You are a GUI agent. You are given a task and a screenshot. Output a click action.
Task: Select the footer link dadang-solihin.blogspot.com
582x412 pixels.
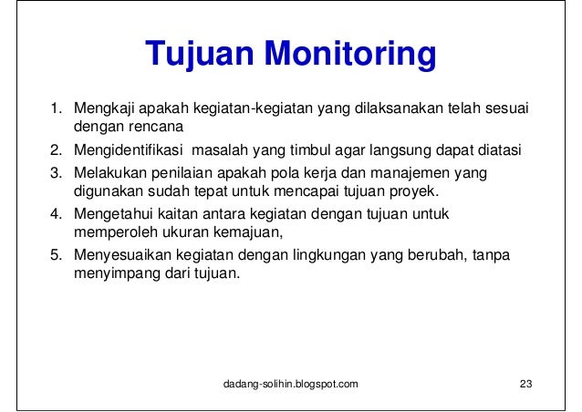click(291, 384)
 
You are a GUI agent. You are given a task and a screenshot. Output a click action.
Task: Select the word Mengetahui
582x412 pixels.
click(108, 215)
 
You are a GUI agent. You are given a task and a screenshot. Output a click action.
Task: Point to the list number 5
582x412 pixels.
click(55, 256)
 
